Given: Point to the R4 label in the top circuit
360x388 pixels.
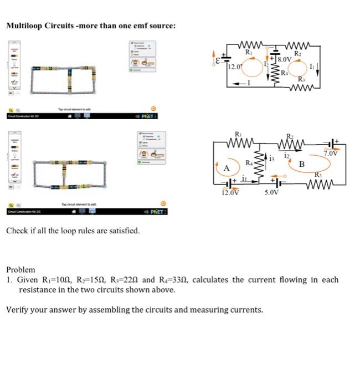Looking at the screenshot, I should click(284, 73).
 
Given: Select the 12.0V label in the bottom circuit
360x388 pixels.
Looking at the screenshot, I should click(230, 193).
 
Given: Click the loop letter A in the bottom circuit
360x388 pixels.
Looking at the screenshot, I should click(227, 169).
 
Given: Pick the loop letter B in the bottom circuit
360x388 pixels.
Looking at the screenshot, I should click(302, 164).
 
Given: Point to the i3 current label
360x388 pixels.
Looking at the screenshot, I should click(271, 160).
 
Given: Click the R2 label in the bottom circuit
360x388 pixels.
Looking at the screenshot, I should click(290, 136).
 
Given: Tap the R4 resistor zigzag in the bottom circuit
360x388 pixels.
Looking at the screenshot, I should click(258, 161).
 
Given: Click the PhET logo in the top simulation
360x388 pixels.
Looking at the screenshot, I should click(148, 116).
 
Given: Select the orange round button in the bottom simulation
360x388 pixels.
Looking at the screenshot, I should click(163, 203).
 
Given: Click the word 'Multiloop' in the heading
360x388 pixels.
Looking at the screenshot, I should click(24, 25).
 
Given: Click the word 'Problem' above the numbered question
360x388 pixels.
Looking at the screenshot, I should click(20, 269).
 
